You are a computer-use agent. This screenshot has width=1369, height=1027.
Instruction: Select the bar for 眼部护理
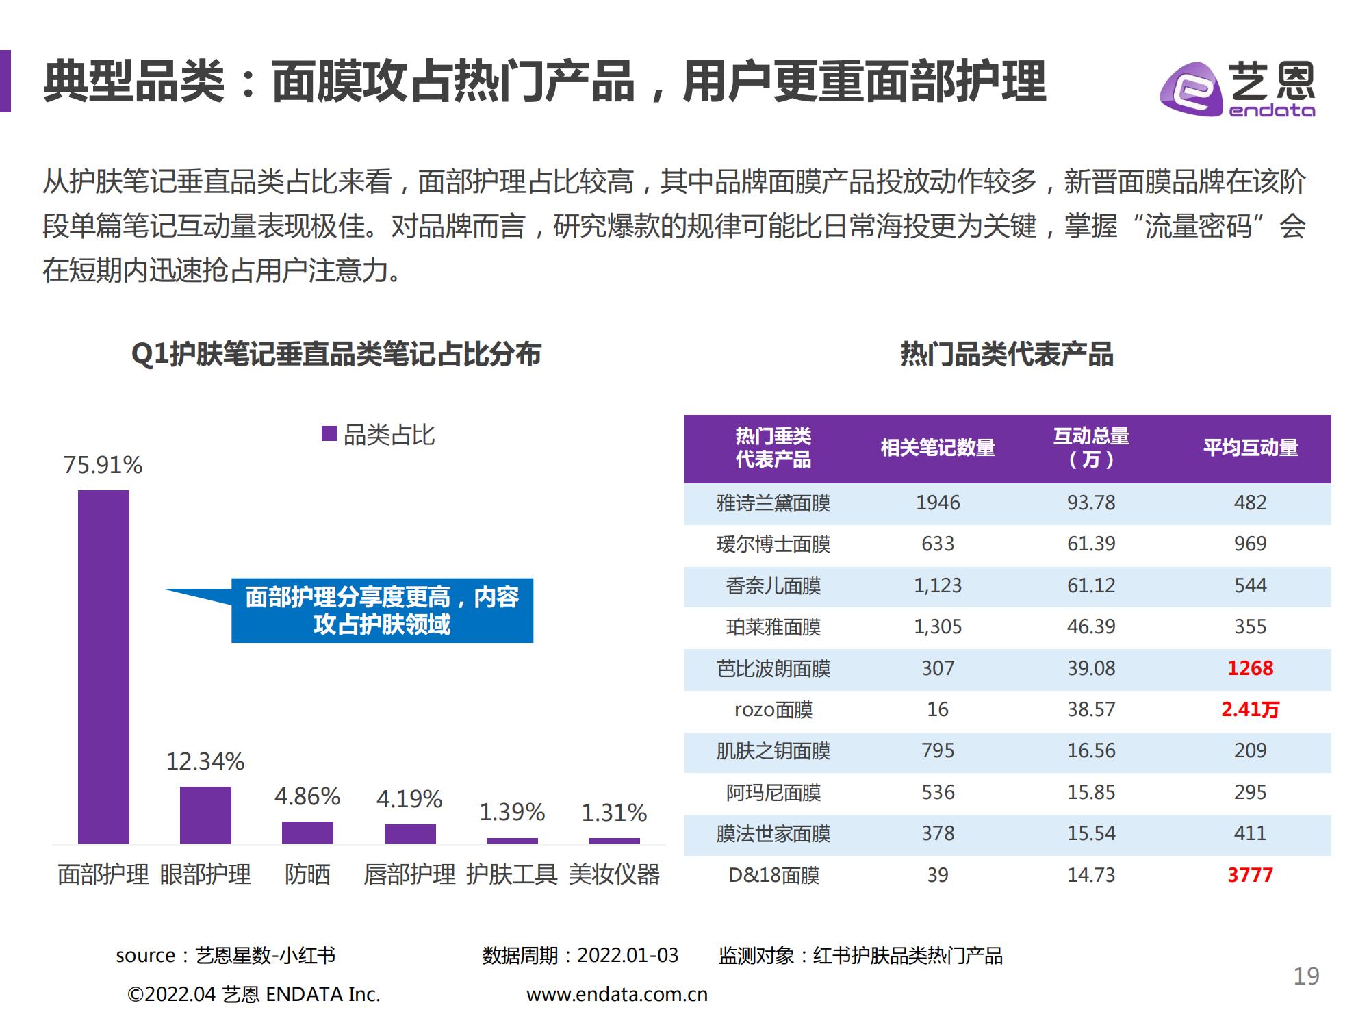[205, 815]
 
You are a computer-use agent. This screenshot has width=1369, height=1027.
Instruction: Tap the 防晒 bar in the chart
[307, 832]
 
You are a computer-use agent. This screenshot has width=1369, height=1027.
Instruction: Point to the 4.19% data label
[409, 799]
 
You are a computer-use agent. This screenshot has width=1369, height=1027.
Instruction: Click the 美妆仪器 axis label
[614, 875]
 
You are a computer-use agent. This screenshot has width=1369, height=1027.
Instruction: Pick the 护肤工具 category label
[511, 875]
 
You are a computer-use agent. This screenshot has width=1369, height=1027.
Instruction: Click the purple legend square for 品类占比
[329, 434]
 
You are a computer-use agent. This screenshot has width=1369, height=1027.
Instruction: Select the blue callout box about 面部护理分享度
[382, 611]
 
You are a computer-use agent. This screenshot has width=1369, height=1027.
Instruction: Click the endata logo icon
[1190, 89]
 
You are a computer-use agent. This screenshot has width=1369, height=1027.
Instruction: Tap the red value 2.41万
[1250, 709]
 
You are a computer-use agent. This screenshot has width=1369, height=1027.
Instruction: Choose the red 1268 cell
[1250, 668]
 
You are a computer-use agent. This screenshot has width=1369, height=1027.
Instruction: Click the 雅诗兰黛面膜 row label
[773, 503]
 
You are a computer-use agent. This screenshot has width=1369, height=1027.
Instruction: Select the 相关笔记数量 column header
[938, 448]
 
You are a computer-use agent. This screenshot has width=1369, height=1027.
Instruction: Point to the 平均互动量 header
[1251, 448]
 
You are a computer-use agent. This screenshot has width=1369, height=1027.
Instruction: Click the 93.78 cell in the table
[1091, 503]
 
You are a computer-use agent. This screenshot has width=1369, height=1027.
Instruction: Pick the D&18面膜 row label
[773, 875]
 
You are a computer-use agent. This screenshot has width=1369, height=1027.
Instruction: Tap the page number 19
[1306, 976]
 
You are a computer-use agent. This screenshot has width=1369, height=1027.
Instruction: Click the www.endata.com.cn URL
[617, 994]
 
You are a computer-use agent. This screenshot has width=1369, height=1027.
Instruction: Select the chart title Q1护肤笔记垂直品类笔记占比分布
[336, 355]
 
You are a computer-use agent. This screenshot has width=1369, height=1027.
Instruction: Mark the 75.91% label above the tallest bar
[103, 466]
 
